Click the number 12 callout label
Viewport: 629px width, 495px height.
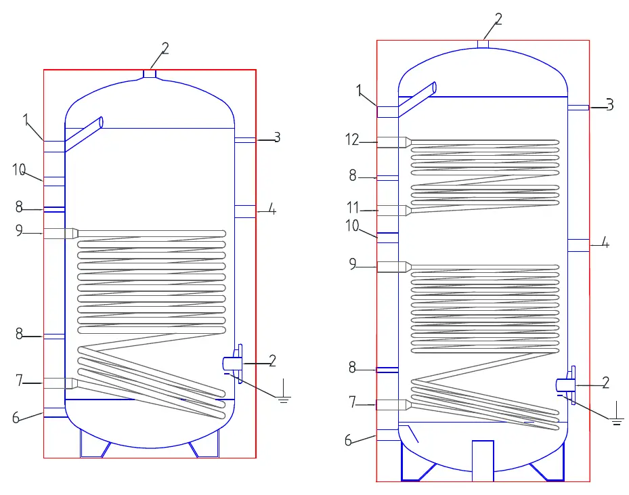tap(352, 139)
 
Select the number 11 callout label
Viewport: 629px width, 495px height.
tap(352, 208)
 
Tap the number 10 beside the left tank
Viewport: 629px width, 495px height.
tap(19, 170)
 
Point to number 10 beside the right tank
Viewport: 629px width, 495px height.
tap(352, 226)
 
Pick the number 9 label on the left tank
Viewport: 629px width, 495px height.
tap(19, 230)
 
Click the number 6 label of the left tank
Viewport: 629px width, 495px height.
tap(16, 418)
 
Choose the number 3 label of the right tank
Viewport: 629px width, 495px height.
tap(610, 105)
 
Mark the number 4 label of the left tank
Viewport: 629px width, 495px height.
tap(272, 209)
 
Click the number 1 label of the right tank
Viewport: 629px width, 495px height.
tap(359, 90)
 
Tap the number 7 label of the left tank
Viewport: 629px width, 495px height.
tap(19, 380)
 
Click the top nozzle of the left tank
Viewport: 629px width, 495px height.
tap(150, 74)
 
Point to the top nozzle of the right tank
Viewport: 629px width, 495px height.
tap(483, 45)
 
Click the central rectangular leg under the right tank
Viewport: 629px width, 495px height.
tap(483, 460)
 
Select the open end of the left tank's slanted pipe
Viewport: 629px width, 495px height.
tap(101, 123)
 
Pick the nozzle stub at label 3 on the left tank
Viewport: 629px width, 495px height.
tap(244, 140)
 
